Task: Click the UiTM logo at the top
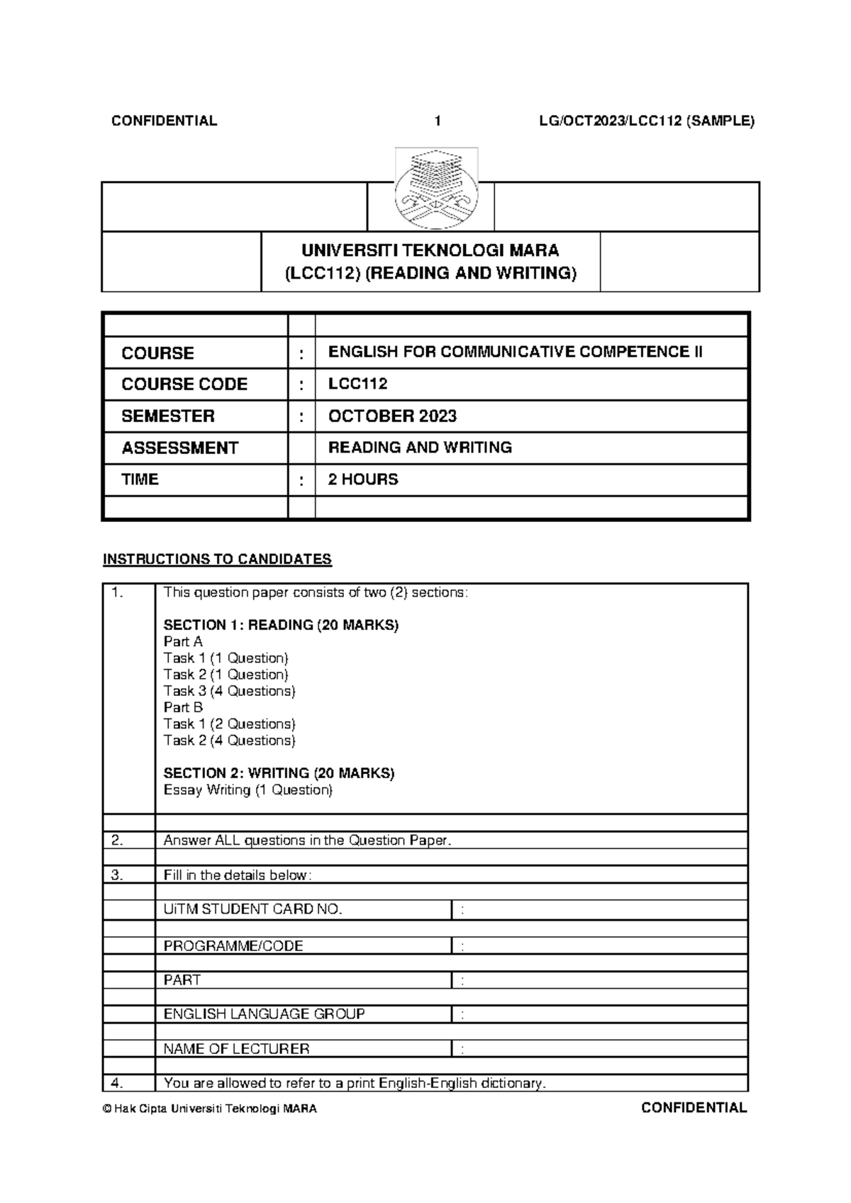[436, 189]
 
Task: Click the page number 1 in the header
[438, 121]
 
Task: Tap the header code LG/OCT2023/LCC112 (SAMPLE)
[646, 121]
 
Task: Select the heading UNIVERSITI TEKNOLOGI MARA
[430, 250]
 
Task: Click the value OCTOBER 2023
[392, 416]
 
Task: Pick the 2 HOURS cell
[363, 479]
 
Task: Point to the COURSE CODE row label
[184, 384]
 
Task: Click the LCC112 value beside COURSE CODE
[357, 384]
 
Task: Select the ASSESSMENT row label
[179, 448]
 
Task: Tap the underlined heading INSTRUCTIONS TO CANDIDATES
[217, 560]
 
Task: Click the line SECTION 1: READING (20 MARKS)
[281, 625]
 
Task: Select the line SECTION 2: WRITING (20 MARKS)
[279, 773]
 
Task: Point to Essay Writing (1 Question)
[247, 790]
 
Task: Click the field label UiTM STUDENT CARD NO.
[253, 909]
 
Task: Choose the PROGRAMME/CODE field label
[233, 946]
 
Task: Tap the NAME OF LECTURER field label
[236, 1048]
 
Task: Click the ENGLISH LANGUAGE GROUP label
[264, 1014]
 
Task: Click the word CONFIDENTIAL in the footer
[694, 1108]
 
